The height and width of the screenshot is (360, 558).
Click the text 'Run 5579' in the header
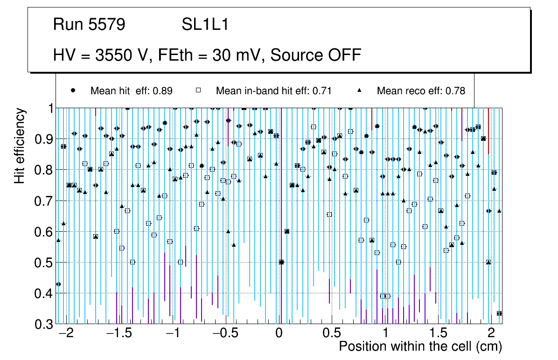click(89, 25)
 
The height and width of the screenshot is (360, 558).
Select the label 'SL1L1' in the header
click(205, 25)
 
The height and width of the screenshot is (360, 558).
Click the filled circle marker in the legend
click(73, 90)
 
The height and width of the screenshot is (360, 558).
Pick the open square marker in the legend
click(198, 90)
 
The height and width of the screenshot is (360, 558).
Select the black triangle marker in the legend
click(360, 90)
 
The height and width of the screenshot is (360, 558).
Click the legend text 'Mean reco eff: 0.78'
click(421, 91)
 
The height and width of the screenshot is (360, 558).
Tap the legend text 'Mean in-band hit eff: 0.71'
click(273, 91)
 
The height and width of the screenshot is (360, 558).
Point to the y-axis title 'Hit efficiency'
click(20, 146)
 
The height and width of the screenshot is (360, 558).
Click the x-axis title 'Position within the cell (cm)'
click(420, 346)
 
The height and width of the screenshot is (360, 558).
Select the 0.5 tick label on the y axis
click(44, 263)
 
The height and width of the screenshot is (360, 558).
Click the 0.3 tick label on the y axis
click(44, 325)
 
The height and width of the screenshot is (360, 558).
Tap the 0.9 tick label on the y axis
click(44, 139)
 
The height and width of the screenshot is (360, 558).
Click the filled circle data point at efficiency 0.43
click(58, 284)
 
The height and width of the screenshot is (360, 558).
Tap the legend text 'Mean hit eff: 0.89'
click(132, 91)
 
